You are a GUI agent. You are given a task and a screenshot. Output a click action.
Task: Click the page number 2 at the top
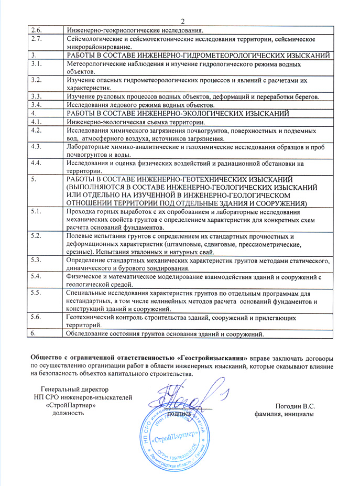(x=183, y=21)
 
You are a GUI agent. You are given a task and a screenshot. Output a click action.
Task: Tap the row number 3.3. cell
(x=36, y=96)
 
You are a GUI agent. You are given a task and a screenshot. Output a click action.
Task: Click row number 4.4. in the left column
(x=36, y=163)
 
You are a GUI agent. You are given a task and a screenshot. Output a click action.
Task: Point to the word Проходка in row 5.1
(x=81, y=212)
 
